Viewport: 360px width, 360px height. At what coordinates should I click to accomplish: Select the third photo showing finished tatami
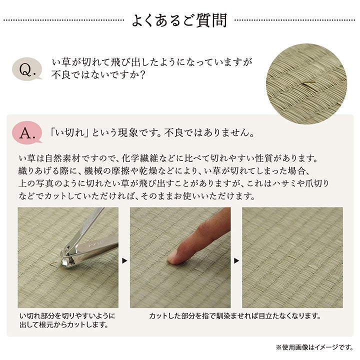pos(292,257)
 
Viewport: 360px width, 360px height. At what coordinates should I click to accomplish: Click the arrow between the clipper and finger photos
pos(124,260)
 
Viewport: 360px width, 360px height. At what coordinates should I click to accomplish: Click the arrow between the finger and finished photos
pos(236,260)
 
